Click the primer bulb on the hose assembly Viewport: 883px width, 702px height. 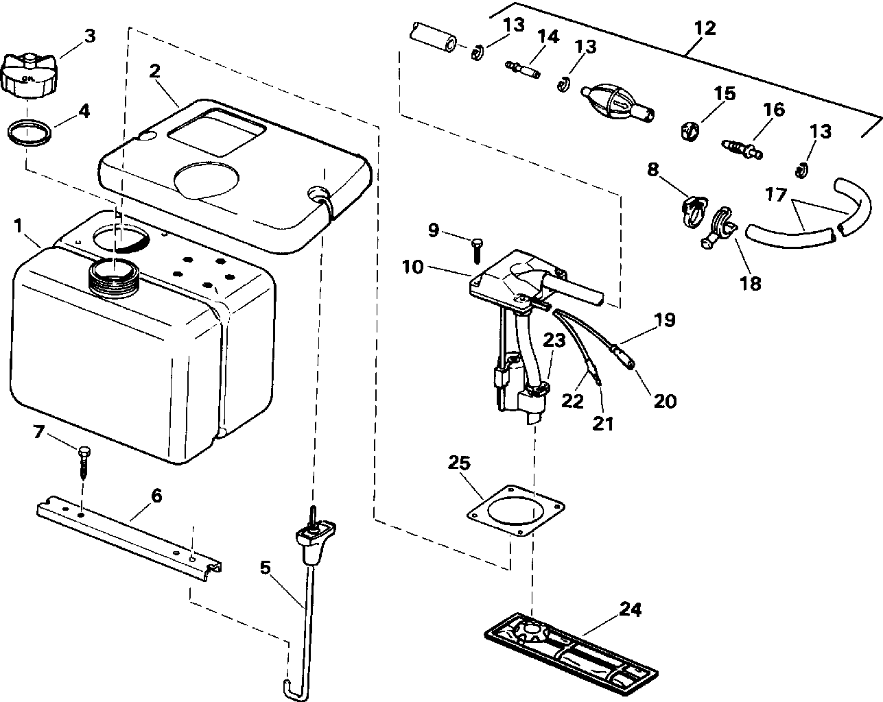(613, 103)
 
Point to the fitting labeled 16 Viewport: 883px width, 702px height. (742, 146)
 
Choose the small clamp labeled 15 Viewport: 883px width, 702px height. (690, 129)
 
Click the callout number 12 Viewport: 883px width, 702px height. (705, 28)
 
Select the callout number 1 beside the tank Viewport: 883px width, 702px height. (19, 224)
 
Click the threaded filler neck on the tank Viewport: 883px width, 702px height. (114, 274)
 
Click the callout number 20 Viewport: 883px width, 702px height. (664, 400)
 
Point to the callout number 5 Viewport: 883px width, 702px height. (266, 568)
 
